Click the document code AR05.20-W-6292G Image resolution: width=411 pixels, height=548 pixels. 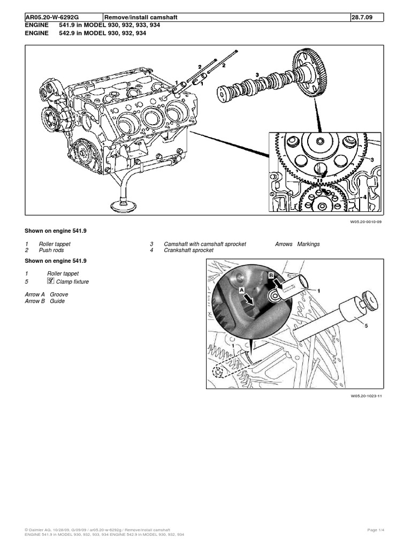(52, 18)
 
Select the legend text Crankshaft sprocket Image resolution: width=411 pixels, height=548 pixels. (189, 250)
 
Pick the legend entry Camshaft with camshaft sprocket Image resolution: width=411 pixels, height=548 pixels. (205, 244)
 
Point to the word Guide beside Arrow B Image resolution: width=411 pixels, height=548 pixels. (57, 301)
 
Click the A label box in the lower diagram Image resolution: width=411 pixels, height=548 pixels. (241, 287)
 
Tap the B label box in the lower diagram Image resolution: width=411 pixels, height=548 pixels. (270, 274)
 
